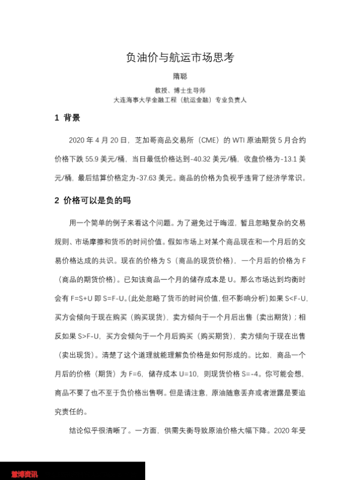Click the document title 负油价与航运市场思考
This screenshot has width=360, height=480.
click(x=180, y=58)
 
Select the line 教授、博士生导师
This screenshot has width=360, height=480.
click(x=180, y=90)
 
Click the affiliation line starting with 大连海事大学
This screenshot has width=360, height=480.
click(x=180, y=100)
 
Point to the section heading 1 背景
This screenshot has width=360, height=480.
click(x=67, y=118)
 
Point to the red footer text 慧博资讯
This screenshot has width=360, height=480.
click(x=25, y=474)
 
